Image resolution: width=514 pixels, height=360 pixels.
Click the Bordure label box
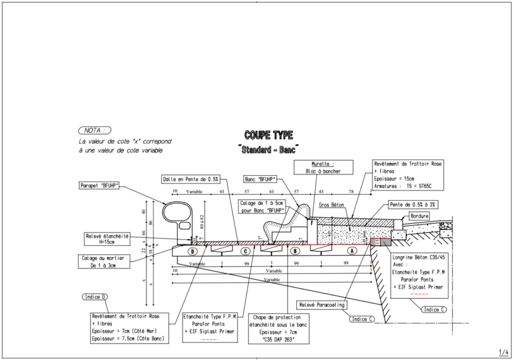[419, 216]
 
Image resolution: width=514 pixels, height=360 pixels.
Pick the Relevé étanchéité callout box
[108, 238]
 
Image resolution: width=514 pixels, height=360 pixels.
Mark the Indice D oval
[95, 296]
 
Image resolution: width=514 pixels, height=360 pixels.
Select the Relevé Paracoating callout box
[322, 304]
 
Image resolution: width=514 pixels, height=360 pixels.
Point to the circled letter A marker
[351, 251]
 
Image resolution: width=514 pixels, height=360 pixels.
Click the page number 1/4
[504, 351]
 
